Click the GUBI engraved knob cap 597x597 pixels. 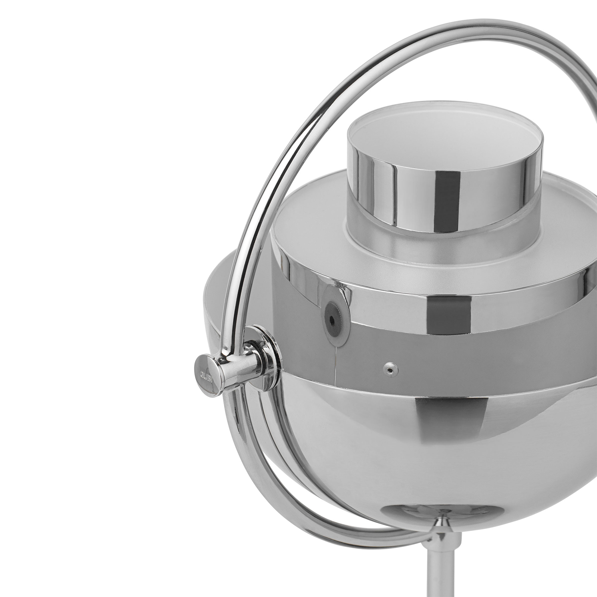pyautogui.click(x=206, y=375)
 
